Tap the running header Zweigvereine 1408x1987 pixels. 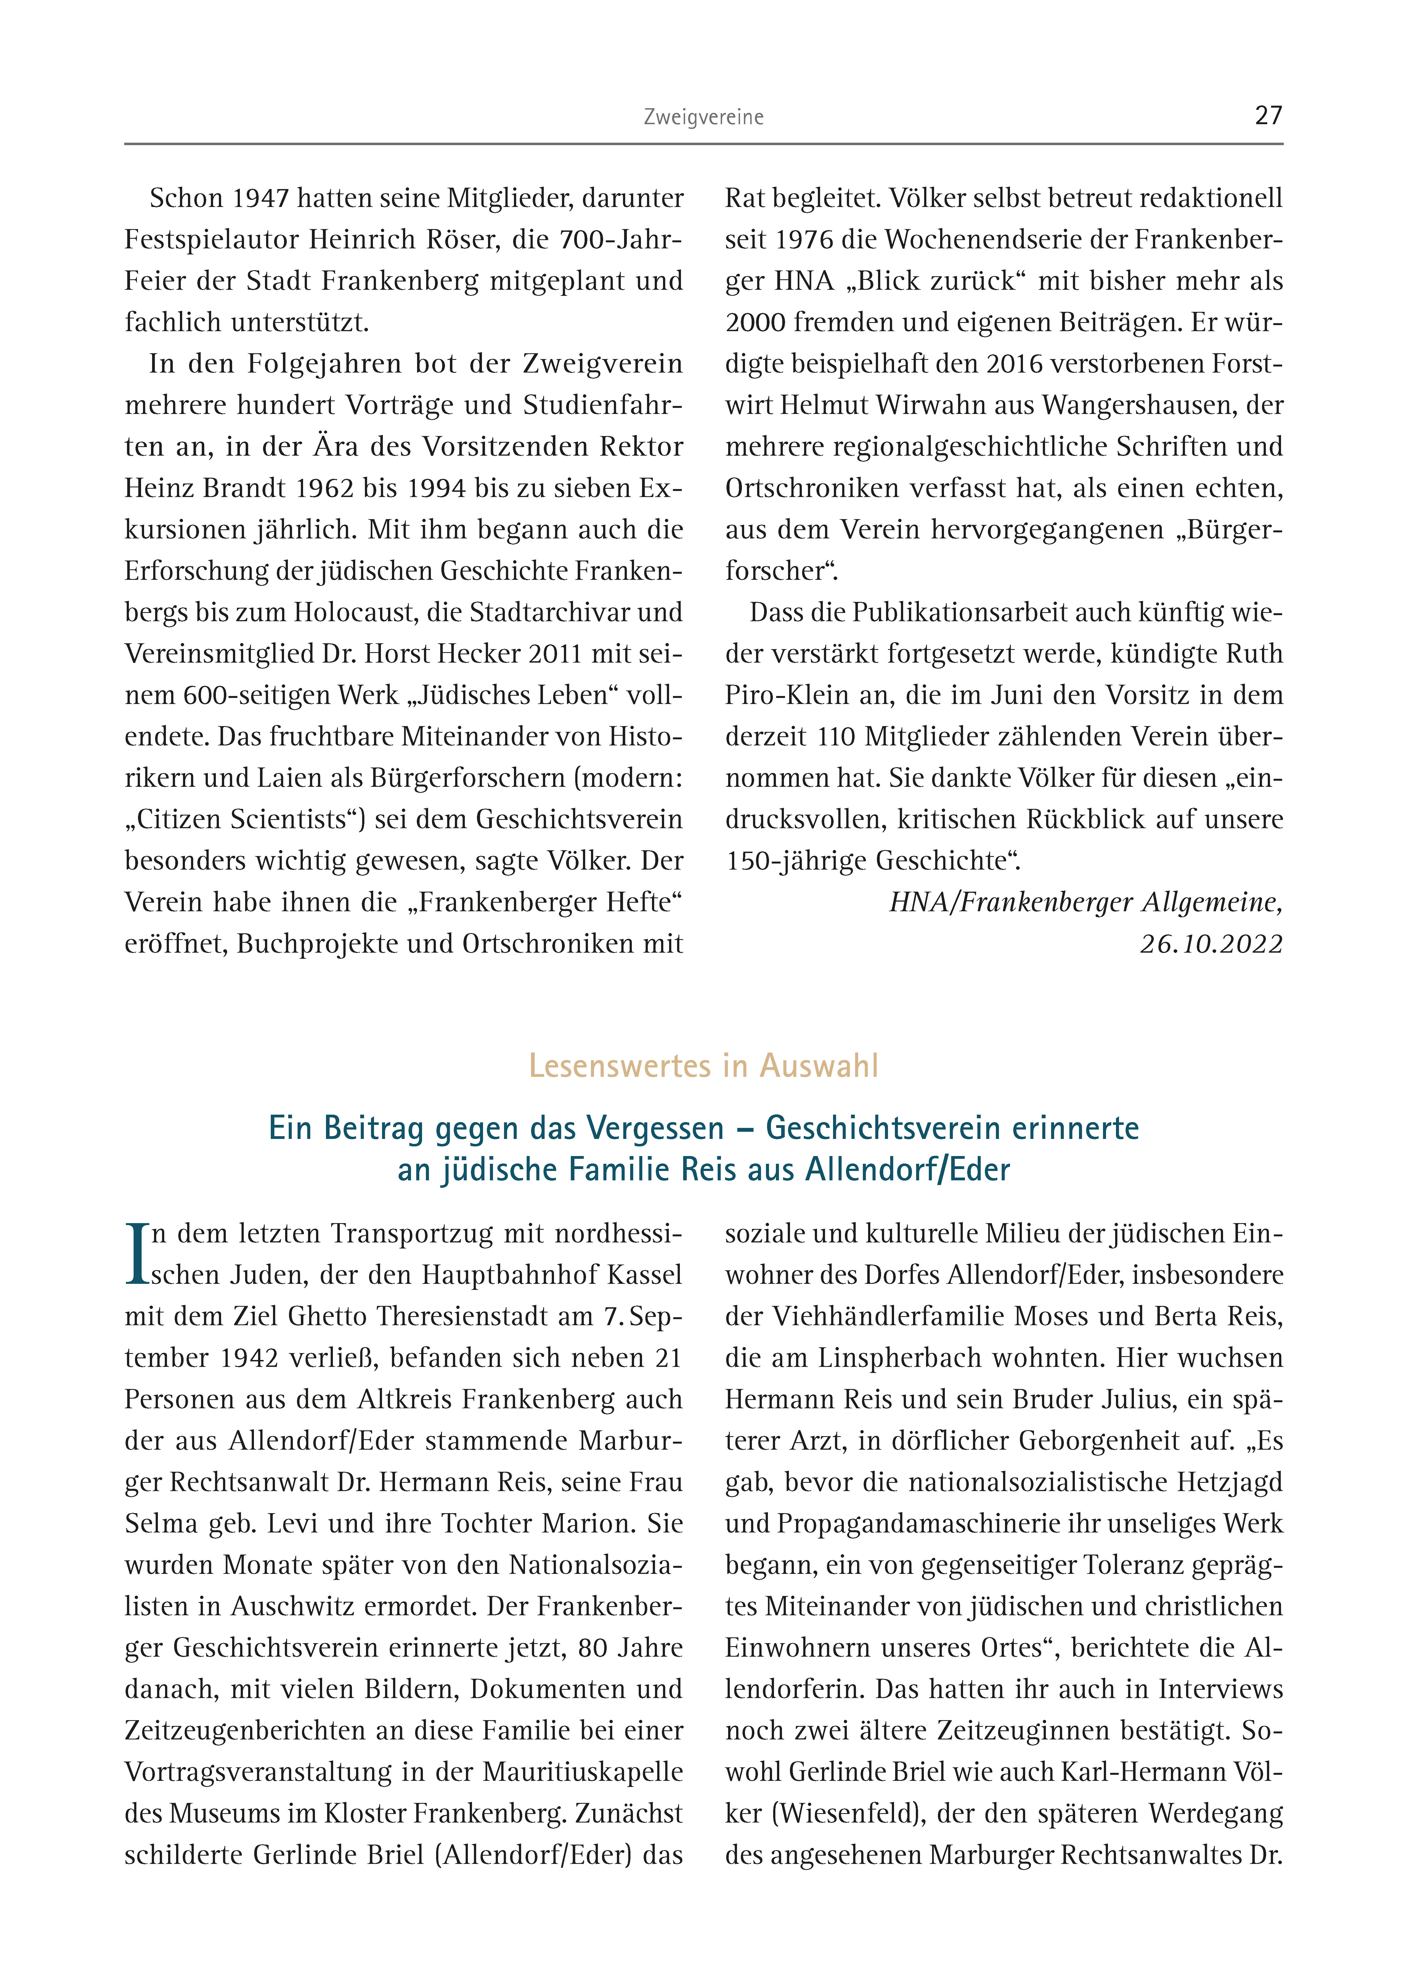[x=703, y=117]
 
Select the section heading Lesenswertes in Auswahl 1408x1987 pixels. [x=703, y=1066]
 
